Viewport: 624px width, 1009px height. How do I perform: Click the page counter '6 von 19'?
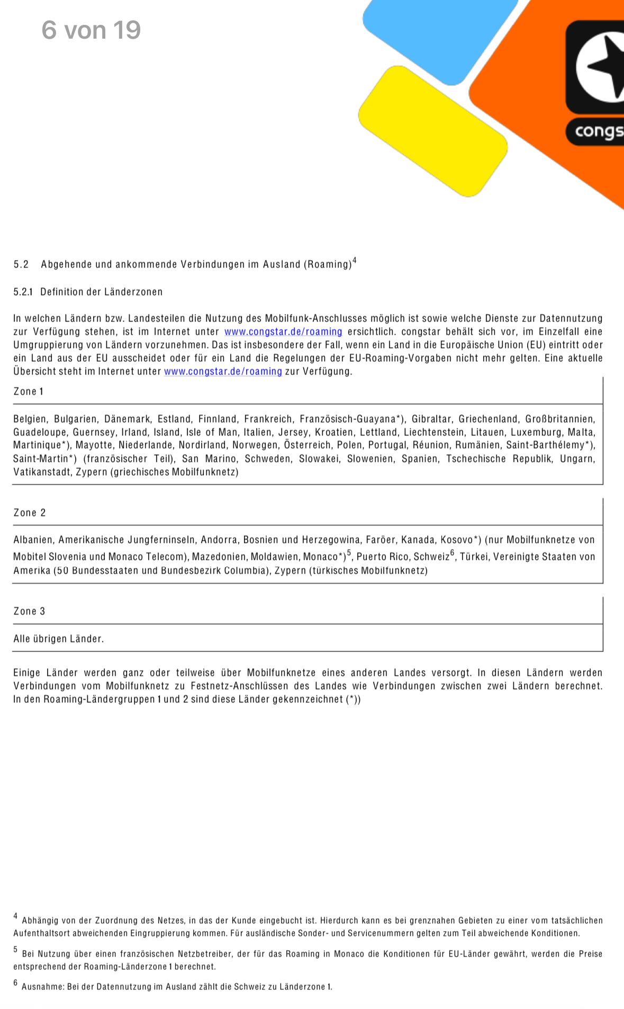(91, 30)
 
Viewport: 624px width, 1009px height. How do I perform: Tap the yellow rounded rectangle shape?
(433, 131)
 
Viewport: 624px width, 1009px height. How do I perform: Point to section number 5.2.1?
(23, 292)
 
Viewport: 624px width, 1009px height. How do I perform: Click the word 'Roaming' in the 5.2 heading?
(328, 264)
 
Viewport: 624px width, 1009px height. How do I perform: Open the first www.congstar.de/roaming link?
(283, 332)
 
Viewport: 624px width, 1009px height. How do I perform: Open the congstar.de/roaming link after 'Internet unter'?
(223, 371)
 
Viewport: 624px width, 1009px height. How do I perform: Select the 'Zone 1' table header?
(29, 391)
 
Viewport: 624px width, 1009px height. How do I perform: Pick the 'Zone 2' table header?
(30, 513)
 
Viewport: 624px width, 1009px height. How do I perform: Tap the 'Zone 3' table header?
(30, 611)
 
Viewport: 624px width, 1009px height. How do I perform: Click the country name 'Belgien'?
(30, 419)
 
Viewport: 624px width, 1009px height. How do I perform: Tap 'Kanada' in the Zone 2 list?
(418, 540)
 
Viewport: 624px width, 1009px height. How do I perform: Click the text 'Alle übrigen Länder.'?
(59, 639)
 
